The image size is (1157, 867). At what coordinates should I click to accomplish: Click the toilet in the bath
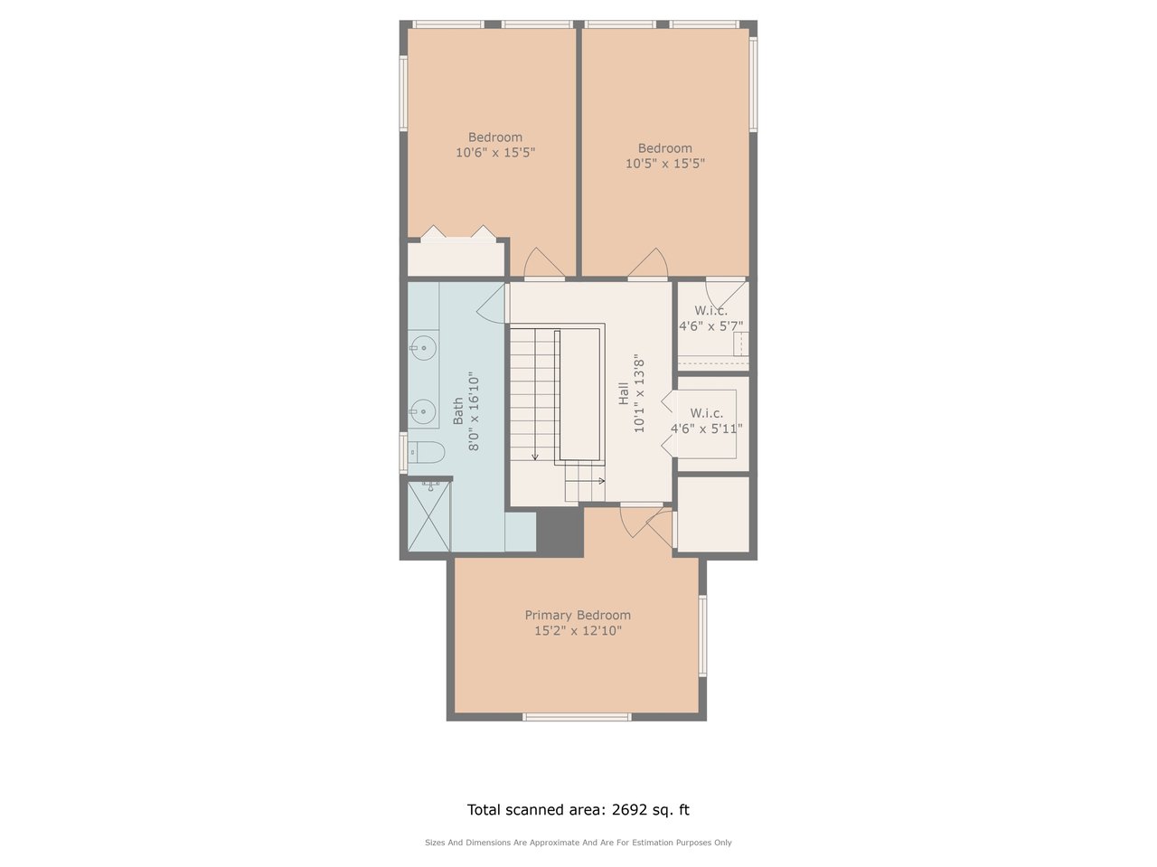(427, 452)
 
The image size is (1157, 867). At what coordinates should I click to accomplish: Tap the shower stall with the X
(429, 516)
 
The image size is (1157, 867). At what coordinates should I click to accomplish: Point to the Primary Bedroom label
(578, 615)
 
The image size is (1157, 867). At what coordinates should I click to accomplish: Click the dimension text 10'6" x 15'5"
(495, 152)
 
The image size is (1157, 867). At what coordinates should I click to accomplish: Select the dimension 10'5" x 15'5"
(665, 164)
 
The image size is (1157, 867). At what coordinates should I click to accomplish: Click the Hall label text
(624, 393)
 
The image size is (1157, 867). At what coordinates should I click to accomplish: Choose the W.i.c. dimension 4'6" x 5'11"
(706, 429)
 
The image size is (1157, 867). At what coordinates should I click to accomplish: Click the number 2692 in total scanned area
(629, 809)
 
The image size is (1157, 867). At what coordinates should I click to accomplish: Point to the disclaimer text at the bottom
(578, 843)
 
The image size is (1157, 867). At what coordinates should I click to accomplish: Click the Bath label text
(458, 410)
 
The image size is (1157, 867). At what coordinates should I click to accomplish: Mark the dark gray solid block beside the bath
(560, 532)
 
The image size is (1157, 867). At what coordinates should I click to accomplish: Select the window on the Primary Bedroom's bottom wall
(577, 717)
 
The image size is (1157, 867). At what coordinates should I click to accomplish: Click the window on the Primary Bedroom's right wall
(702, 636)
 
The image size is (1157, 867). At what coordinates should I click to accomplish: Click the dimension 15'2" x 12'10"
(578, 630)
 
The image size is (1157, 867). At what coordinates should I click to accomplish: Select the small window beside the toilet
(403, 453)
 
